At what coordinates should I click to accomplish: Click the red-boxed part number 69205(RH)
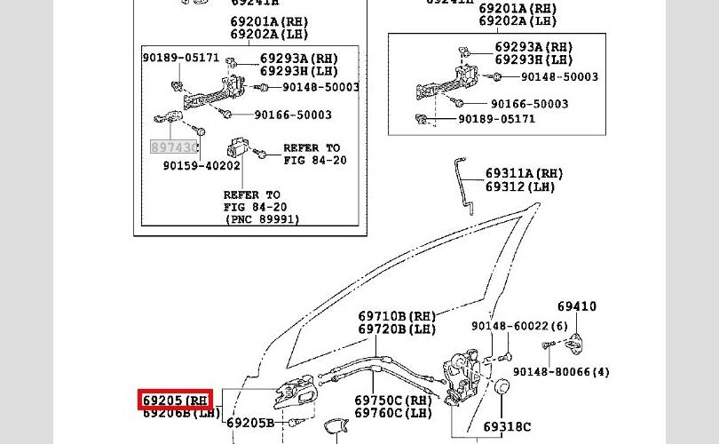pos(176,400)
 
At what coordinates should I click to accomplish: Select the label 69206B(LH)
pos(181,413)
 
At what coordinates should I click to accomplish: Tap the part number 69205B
pos(250,423)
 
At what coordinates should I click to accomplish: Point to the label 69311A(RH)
pos(524,173)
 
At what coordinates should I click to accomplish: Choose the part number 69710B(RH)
pos(397,315)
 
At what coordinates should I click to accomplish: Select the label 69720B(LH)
pos(397,329)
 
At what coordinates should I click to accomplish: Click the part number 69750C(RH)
pos(393,400)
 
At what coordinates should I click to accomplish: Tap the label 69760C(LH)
pos(393,413)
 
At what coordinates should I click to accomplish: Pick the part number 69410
pos(577,306)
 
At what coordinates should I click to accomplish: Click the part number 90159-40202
pos(201,165)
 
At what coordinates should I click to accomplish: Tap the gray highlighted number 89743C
pos(173,147)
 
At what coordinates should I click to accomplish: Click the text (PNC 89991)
pos(262,218)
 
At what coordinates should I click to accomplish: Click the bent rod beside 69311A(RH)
pos(464,181)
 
